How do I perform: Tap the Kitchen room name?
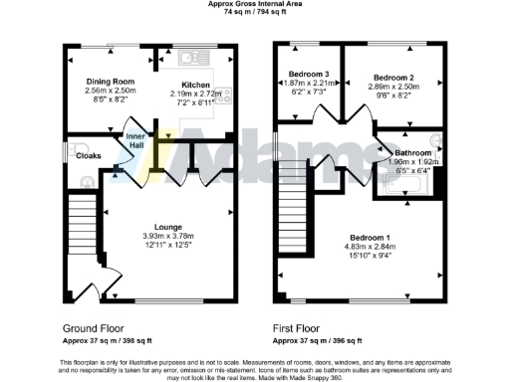[195, 85]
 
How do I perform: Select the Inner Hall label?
[134, 141]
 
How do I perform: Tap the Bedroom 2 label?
[393, 77]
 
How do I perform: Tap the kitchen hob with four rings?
[223, 96]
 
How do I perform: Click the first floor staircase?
[291, 199]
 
